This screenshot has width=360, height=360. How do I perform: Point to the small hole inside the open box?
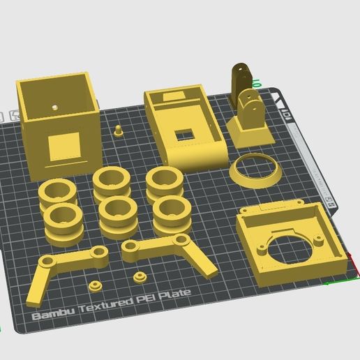(x=54, y=108)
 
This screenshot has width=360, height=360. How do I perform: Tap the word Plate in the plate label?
(x=177, y=296)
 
